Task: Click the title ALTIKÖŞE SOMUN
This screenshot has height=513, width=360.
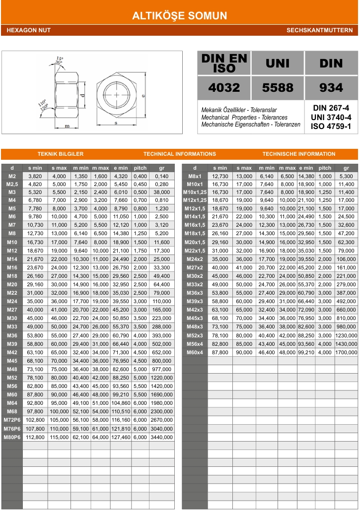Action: point(180,16)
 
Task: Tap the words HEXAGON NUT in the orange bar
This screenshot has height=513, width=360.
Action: point(29,31)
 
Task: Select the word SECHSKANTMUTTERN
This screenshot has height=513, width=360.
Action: point(319,31)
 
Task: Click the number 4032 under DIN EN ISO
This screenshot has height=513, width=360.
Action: point(224,88)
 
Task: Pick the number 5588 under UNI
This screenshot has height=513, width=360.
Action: point(278,88)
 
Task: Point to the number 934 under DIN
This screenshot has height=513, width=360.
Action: point(331,88)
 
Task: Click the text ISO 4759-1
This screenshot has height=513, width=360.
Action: point(331,126)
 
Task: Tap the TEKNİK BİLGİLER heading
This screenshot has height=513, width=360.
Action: point(61,154)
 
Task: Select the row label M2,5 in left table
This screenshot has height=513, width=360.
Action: point(12,184)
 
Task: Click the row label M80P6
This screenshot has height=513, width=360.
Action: point(12,437)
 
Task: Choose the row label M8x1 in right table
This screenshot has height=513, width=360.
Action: point(195,176)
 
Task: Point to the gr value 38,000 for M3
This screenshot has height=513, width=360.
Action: point(161,192)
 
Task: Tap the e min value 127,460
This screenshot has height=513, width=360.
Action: point(121,437)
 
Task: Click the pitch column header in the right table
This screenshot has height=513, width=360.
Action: point(325,168)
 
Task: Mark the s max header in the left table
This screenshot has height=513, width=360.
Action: point(59,168)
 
